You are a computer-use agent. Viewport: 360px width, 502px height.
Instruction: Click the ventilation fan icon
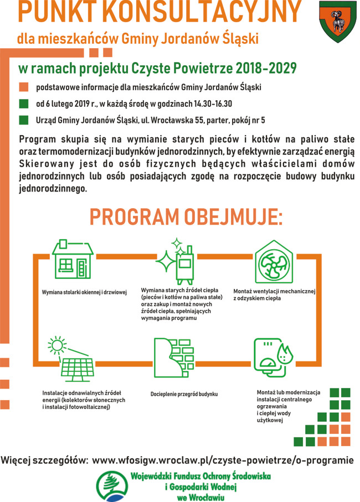[x=274, y=263]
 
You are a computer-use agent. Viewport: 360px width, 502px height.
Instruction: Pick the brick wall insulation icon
[x=174, y=358]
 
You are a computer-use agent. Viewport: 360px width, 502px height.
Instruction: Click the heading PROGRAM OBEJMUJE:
[x=186, y=217]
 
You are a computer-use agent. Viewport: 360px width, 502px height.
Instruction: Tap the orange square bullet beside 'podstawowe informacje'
[x=23, y=87]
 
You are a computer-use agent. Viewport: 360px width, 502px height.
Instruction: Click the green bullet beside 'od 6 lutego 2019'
[x=23, y=103]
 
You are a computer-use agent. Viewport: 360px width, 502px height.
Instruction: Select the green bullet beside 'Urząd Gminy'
[x=23, y=120]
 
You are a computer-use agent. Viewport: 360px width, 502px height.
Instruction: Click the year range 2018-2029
[x=266, y=68]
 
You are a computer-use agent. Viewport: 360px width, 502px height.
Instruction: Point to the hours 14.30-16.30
[x=213, y=103]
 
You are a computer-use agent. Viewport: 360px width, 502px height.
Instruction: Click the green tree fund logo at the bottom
[x=111, y=485]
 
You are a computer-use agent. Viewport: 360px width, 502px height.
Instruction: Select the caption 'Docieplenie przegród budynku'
[x=184, y=394]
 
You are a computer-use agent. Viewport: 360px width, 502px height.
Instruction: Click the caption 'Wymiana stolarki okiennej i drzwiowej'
[x=85, y=292]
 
